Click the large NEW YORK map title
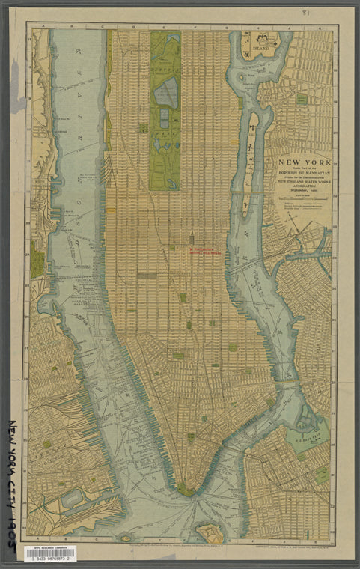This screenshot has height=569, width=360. point(302,162)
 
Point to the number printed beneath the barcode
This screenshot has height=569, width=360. point(50,559)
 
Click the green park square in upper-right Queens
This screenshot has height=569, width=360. point(302,99)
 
